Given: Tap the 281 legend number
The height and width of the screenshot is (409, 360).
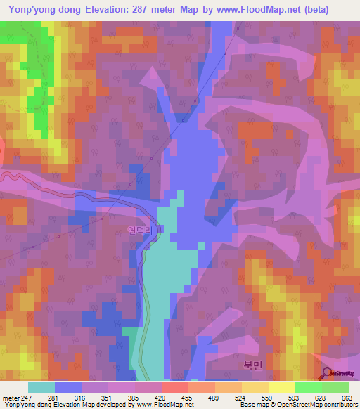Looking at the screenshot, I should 53,398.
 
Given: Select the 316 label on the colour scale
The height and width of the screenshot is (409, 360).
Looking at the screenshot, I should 79,398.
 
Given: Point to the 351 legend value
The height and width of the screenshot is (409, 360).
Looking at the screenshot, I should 106,398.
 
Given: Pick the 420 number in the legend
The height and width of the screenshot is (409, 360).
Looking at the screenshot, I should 159,398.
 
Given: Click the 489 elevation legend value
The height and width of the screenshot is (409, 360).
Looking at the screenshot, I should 212,398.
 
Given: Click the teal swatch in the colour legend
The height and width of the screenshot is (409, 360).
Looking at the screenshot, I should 41,387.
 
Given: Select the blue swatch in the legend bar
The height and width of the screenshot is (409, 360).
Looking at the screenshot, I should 68,387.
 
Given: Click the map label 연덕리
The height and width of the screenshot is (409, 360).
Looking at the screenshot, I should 139,229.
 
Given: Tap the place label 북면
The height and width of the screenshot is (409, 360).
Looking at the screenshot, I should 252,365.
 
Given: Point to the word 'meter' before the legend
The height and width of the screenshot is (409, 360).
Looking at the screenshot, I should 11,398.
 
